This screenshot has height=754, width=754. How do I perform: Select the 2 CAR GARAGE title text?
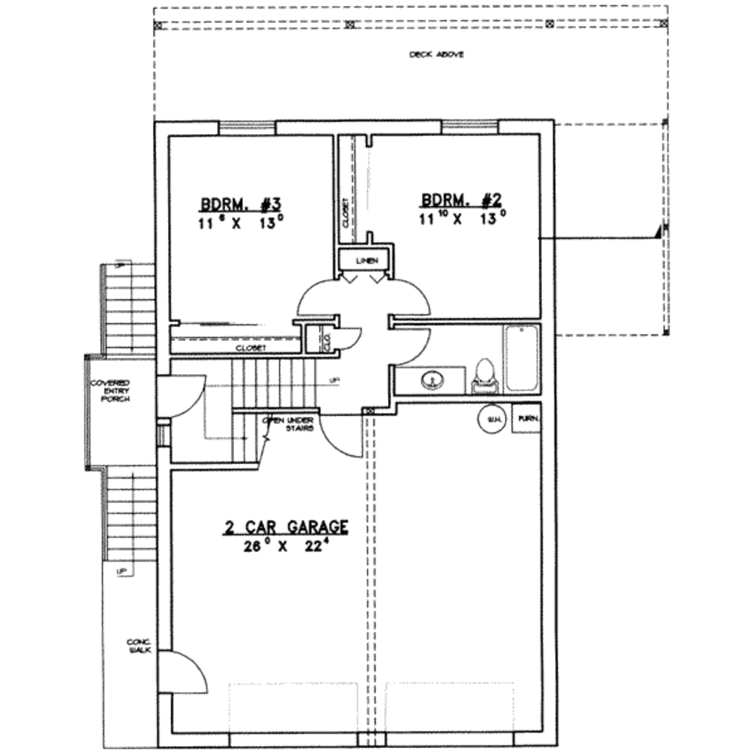click(x=286, y=527)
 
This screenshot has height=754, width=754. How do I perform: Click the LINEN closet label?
click(x=365, y=261)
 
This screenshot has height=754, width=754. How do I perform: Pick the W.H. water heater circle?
click(x=492, y=420)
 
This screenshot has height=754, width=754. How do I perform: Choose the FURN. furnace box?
click(x=526, y=420)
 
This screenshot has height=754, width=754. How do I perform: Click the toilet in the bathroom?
click(x=485, y=373)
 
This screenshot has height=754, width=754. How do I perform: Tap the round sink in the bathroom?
click(x=433, y=380)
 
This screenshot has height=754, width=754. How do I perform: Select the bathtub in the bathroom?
click(x=521, y=358)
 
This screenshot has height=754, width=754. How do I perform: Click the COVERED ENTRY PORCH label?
click(x=110, y=390)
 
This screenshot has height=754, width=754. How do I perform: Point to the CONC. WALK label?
click(x=138, y=646)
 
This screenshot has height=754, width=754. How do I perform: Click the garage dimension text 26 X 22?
click(x=286, y=546)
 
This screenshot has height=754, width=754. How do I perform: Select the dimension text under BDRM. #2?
click(x=461, y=218)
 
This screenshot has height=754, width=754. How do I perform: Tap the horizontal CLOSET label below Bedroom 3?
click(x=250, y=348)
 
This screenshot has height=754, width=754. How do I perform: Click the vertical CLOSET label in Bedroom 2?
click(x=345, y=214)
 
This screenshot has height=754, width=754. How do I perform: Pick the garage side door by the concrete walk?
click(x=182, y=672)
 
